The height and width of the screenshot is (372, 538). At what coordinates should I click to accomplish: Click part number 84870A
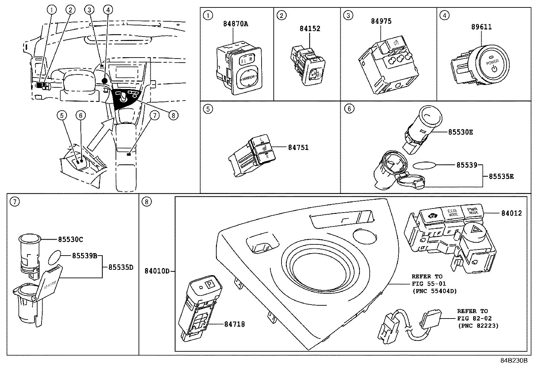pos(236,24)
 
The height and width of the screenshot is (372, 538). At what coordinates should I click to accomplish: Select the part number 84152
pos(310,28)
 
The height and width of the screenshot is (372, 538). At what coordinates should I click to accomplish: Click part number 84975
pos(381,21)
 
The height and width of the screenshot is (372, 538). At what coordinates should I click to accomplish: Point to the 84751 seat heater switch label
pos(298,147)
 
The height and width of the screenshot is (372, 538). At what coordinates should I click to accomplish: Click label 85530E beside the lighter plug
pos(460,132)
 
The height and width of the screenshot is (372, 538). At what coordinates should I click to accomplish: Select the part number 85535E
pos(501,176)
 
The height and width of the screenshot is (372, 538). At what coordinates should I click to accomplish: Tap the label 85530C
pos(70,239)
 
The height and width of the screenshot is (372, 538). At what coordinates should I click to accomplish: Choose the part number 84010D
pos(157,271)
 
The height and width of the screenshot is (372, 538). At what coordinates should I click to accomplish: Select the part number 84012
pos(511,213)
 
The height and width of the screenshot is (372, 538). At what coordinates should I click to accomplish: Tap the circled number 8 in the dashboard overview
pos(173,115)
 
